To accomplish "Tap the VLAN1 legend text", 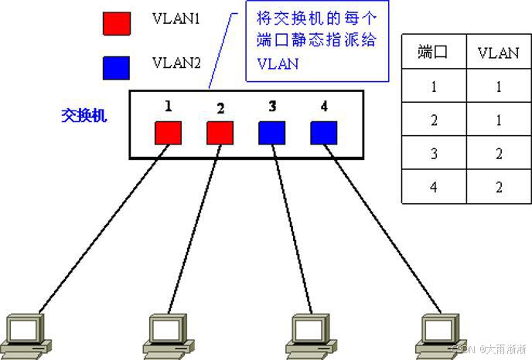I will pos(176,18).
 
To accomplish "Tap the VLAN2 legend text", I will pos(176,62).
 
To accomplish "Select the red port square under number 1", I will pos(168,132).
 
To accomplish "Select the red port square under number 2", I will pos(220,132).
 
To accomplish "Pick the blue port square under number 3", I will pos(271,132).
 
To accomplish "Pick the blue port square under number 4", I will pos(323,132).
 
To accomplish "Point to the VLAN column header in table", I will pos(499,53).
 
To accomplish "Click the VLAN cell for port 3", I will pos(499,154).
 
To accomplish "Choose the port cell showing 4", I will pos(434,187).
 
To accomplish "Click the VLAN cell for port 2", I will pos(499,120).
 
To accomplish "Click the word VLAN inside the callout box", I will pos(277,64).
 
